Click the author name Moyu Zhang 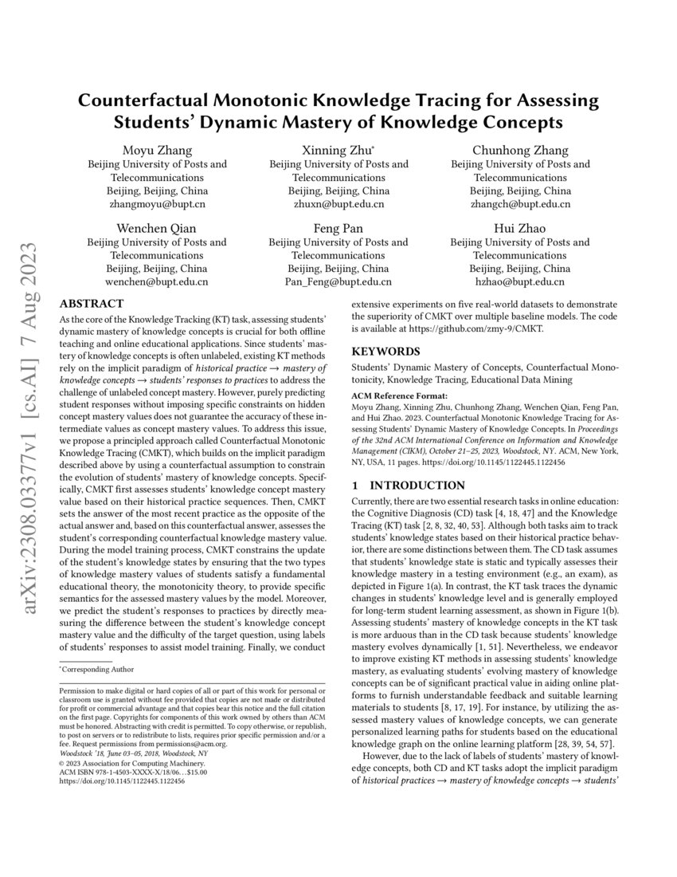point(156,151)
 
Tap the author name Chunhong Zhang point(520,151)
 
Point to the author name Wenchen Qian point(156,229)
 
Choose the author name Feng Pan point(338,229)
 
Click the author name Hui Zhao point(520,229)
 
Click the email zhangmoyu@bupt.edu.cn point(156,204)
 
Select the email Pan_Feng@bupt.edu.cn point(338,281)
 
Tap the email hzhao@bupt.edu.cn point(520,281)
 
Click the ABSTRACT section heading point(92,304)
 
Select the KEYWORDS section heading point(386,351)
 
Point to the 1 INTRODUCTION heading point(409,486)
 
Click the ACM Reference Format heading point(399,395)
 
